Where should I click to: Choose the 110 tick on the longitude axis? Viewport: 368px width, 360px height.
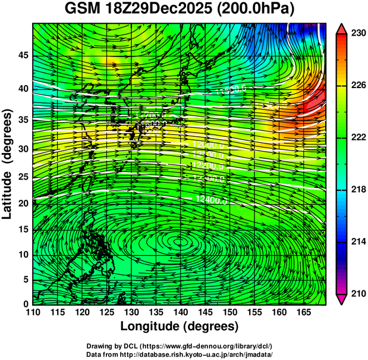[x=33, y=313]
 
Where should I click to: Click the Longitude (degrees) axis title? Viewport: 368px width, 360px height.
[x=180, y=327]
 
